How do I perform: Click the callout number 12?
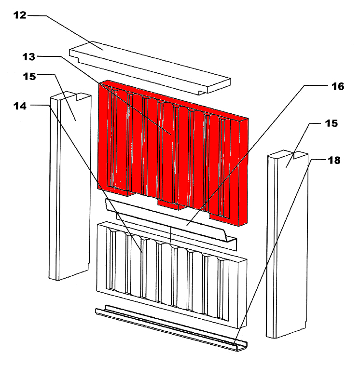click(20, 15)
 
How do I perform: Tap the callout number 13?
click(29, 57)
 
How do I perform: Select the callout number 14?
click(20, 106)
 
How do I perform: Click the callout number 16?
click(338, 86)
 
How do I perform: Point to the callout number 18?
click(334, 161)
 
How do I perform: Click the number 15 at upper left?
click(29, 76)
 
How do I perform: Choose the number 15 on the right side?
click(331, 123)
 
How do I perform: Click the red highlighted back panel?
click(173, 152)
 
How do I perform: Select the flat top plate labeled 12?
click(150, 68)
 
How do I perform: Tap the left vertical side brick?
click(69, 186)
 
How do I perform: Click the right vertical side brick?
click(287, 244)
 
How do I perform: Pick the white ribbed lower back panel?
click(172, 274)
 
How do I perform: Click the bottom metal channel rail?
click(171, 327)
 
